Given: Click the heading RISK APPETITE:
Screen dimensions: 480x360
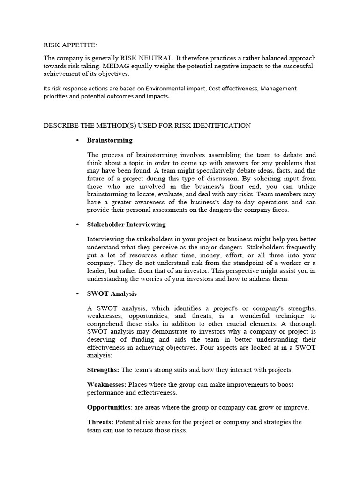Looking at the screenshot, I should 70,45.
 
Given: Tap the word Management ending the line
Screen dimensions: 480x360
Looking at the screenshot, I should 278,89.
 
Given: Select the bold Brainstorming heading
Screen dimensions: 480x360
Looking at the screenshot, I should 110,140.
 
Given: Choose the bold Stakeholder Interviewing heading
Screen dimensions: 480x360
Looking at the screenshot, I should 126,225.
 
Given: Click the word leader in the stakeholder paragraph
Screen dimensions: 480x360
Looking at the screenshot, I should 97,271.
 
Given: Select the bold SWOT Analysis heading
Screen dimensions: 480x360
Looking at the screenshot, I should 112,293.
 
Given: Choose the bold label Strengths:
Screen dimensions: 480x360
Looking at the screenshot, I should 103,370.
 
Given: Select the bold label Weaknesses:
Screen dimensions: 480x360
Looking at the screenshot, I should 107,384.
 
